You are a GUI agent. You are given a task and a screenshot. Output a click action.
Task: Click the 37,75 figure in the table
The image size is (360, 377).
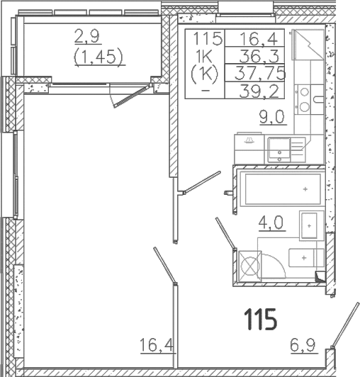[263, 72]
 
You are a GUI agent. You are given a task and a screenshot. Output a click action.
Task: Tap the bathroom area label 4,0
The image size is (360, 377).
[271, 224]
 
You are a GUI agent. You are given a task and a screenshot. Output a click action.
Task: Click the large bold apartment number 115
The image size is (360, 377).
[261, 320]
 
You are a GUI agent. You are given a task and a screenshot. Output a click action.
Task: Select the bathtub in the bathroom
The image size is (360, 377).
[279, 189]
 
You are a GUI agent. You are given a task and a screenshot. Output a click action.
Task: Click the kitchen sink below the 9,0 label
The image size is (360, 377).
[282, 149]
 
